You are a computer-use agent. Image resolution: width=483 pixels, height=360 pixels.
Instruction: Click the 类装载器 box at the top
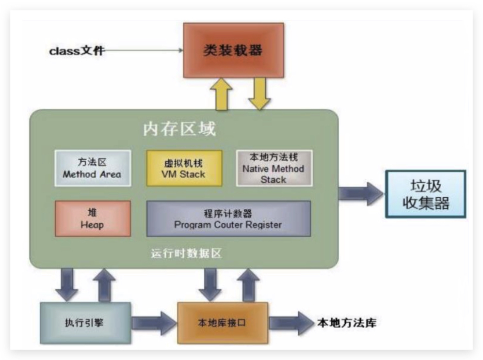232,50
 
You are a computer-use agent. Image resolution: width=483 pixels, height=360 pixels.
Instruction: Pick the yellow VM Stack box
184,168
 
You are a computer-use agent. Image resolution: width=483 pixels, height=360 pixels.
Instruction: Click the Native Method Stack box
273,168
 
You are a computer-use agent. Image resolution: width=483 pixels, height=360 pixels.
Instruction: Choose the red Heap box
92,218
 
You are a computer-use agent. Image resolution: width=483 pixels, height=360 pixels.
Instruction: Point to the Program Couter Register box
229,218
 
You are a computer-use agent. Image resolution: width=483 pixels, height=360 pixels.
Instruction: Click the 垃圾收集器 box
426,194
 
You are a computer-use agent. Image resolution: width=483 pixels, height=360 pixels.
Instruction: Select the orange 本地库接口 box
222,323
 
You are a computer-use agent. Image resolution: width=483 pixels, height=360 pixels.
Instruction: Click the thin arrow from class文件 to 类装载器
144,50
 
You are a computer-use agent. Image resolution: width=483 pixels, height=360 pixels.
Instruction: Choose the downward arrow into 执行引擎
67,284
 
